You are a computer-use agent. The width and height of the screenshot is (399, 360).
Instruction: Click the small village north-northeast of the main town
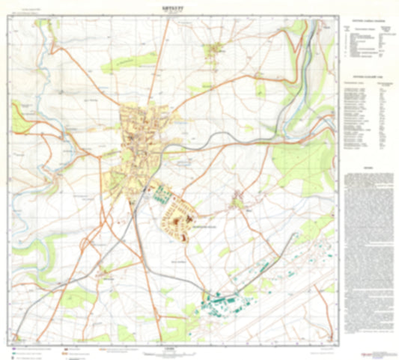click(x=216, y=50)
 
